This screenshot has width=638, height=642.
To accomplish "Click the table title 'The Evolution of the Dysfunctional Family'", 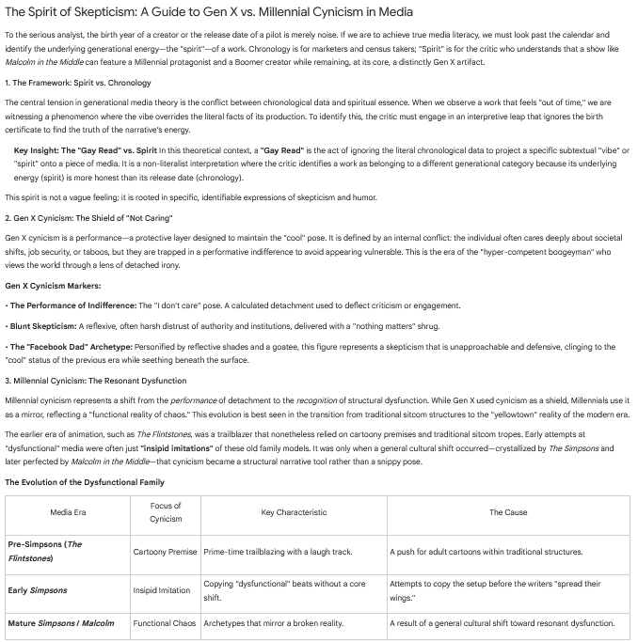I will click(85, 482).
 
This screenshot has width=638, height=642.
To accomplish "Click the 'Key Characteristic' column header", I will click(294, 512).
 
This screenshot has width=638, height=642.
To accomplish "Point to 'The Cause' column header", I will click(508, 512).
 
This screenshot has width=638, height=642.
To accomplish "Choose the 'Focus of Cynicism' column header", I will click(166, 512).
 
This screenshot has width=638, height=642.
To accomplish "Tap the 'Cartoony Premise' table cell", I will click(166, 552).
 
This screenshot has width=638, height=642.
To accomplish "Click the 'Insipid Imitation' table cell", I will click(166, 591).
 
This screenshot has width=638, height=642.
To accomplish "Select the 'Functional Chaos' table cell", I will click(166, 623).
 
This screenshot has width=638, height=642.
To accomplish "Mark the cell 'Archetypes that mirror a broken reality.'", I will click(273, 623).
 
